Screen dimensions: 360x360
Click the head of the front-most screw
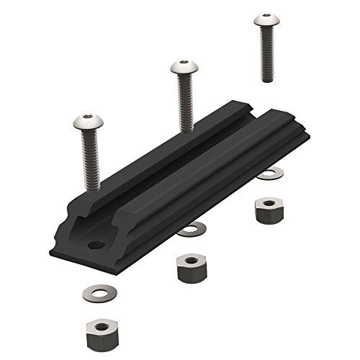point(87,122)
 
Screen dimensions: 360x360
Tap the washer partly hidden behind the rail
point(271,173)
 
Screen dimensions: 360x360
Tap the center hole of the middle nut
point(188,261)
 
